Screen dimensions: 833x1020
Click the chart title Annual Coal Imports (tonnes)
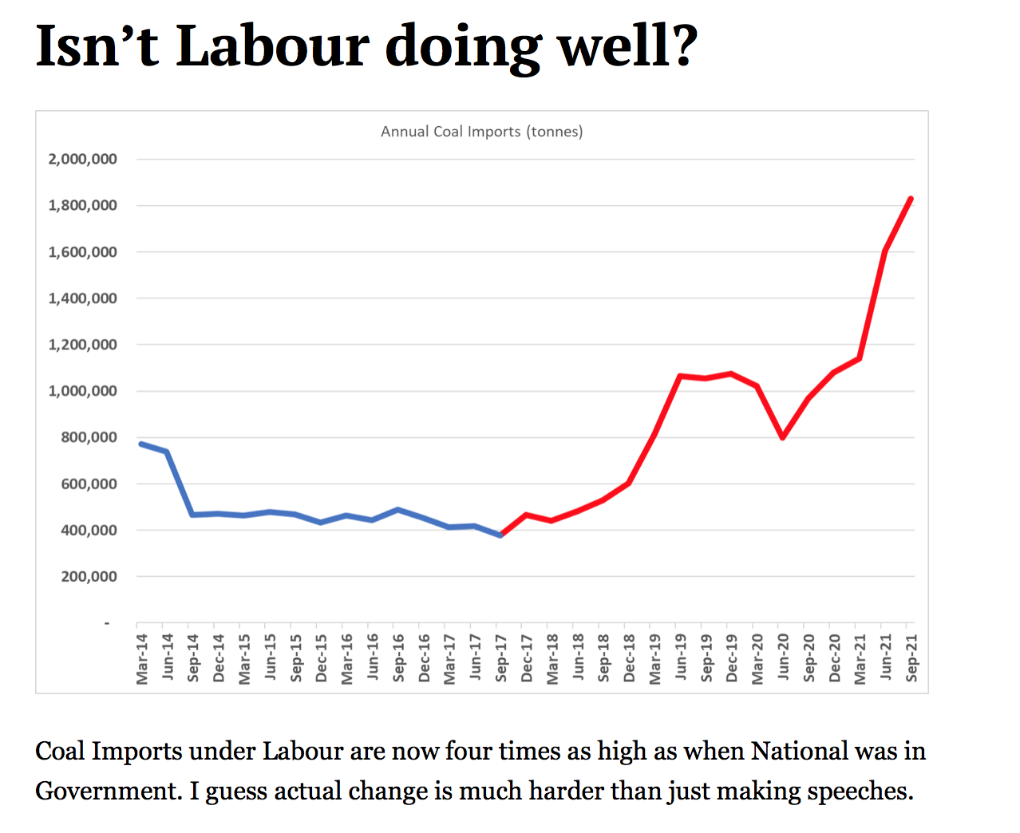[x=481, y=132]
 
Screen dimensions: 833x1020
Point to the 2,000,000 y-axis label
[x=82, y=159]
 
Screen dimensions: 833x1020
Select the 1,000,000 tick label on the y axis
[x=82, y=391]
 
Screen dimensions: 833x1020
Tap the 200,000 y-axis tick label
[x=89, y=576]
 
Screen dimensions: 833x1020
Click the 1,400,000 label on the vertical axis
[x=82, y=298]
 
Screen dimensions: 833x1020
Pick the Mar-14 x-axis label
[x=142, y=659]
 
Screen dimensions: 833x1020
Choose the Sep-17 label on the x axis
[x=501, y=658]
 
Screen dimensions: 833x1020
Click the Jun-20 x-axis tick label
[x=783, y=657]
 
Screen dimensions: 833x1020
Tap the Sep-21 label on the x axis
[x=911, y=658]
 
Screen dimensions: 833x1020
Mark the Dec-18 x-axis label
[x=629, y=658]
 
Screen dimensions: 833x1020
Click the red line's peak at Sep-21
[x=911, y=199]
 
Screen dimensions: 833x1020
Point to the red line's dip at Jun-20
[x=783, y=437]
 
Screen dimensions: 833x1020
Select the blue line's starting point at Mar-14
[x=141, y=444]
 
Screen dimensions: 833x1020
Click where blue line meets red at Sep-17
[x=500, y=535]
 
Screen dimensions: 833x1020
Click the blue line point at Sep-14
[x=192, y=515]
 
